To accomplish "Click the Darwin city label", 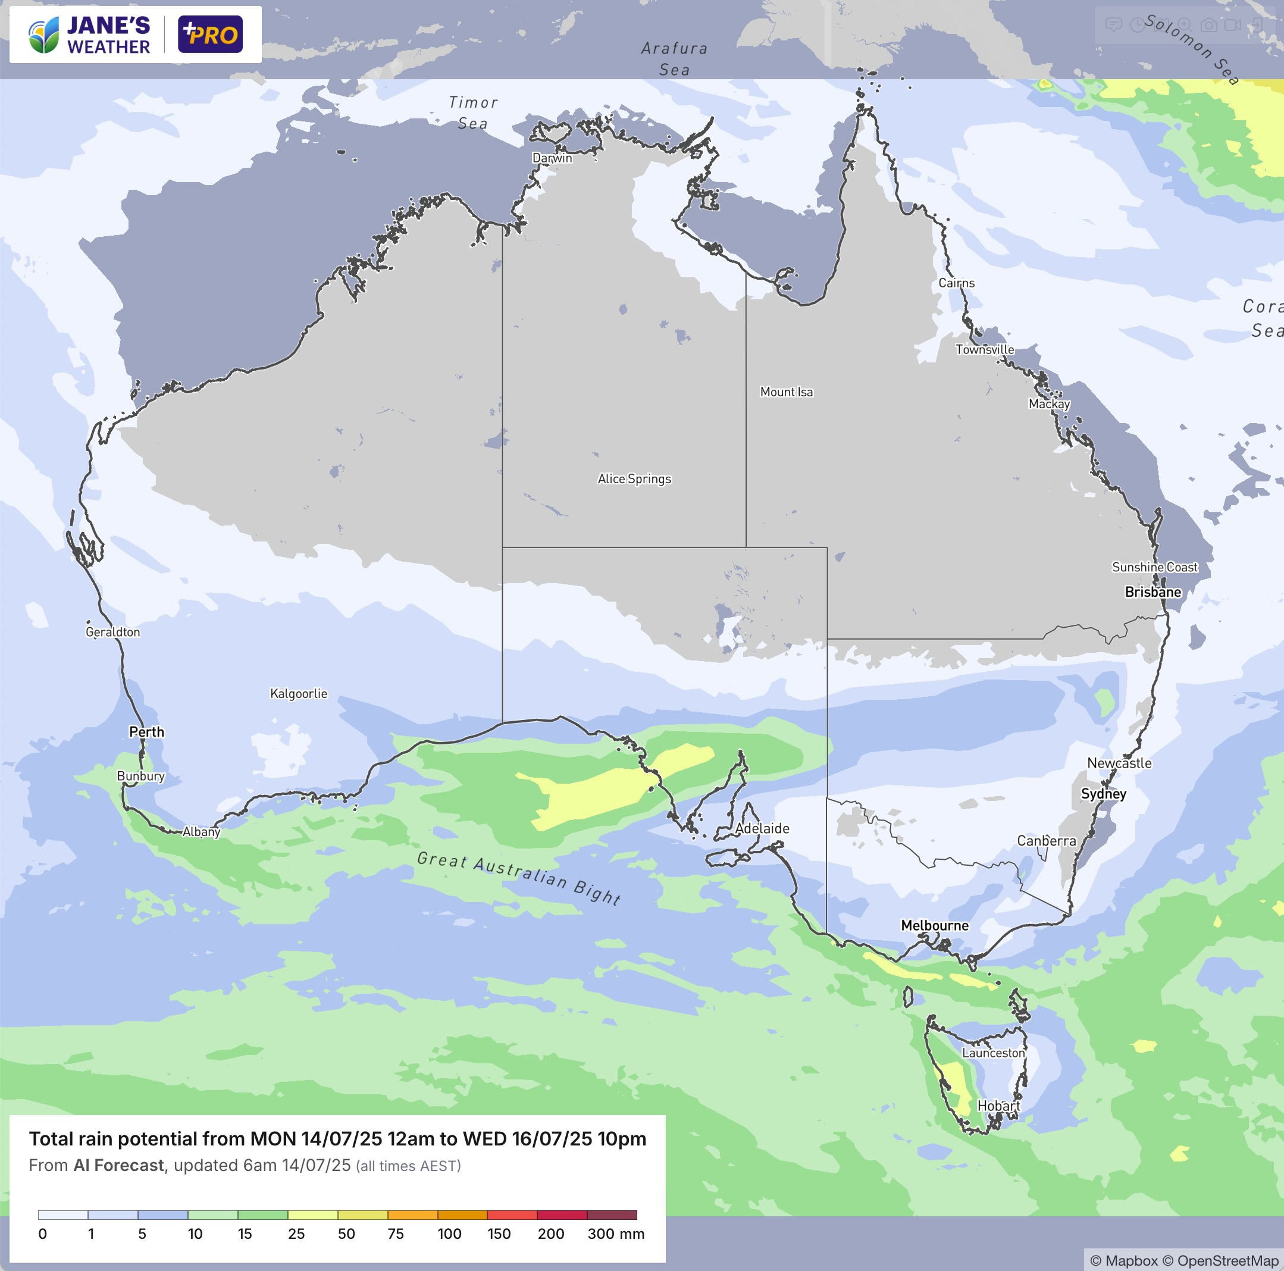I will coord(552,158).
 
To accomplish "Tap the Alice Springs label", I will coord(634,478).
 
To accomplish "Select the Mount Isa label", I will coord(786,392).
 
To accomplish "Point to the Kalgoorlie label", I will coord(299,693).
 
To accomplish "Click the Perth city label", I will coord(146,732).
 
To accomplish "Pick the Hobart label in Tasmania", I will coord(998,1106).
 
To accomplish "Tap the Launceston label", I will coord(994,1053).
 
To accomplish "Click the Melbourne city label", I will coord(934,925).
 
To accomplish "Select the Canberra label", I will coord(1046,841).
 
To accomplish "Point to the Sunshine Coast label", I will coord(1154,567).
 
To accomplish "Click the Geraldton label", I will coord(113,632).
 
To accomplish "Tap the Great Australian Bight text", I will coord(519,878).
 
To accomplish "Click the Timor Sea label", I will coord(473,112).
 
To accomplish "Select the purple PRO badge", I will coord(210,35).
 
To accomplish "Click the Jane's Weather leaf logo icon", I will coord(44,36).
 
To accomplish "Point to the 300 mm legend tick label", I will coord(615,1234).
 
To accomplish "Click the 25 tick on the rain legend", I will coord(296,1234).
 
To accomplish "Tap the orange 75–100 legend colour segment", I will coord(412,1214).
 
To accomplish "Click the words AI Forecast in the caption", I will coord(118,1165).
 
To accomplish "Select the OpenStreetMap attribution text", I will coord(1227,1260).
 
